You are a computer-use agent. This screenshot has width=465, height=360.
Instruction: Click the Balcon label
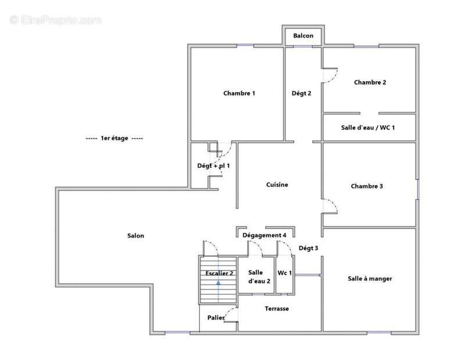[303, 35]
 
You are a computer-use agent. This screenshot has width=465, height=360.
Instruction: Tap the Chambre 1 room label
[239, 93]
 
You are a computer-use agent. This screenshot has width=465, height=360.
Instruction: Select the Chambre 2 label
[370, 82]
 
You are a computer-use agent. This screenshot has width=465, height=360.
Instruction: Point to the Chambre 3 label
[367, 186]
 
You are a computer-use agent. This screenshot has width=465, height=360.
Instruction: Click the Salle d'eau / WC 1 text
[368, 128]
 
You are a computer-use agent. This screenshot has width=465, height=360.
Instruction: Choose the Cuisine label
[277, 185]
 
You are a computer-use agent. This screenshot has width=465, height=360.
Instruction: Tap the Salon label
[135, 236]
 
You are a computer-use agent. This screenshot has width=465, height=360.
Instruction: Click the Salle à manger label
[370, 279]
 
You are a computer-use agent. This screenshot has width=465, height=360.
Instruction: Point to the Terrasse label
[277, 308]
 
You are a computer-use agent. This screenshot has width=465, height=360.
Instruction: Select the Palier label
[216, 318]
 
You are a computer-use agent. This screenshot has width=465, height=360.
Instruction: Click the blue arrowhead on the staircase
[219, 283]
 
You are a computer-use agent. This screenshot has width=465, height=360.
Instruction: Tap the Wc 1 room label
[284, 272]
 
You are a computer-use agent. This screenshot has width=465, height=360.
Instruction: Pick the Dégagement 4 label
[264, 235]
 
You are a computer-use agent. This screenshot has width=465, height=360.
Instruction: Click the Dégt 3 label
[308, 248]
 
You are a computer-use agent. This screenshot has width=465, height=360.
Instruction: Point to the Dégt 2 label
[301, 93]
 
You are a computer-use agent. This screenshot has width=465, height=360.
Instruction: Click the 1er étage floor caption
[115, 138]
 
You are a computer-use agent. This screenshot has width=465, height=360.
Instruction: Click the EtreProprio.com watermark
[55, 20]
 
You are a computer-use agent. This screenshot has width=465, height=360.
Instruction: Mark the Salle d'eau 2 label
[259, 277]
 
